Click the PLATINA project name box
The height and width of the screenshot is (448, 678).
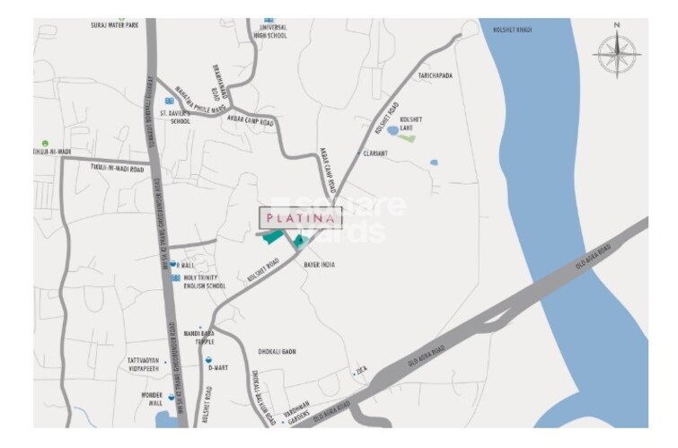[290, 216]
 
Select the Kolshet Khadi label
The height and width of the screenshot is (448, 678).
[513, 31]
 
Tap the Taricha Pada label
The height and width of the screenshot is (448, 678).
[434, 76]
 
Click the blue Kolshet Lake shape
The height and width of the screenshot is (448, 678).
[392, 130]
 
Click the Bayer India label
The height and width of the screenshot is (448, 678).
[319, 265]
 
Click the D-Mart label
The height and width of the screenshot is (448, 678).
[218, 367]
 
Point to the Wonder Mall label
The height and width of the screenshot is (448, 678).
[151, 399]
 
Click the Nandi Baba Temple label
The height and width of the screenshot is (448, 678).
[198, 337]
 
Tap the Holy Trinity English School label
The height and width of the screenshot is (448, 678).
[204, 282]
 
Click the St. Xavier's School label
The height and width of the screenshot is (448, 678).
[175, 117]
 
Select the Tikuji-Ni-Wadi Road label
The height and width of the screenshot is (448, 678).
[117, 168]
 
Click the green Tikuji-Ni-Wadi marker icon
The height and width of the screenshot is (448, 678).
[44, 142]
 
